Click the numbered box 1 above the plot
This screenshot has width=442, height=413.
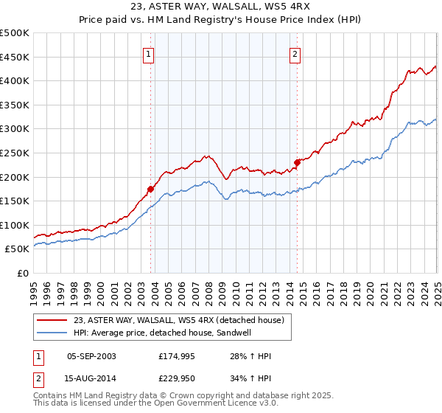coord(149,54)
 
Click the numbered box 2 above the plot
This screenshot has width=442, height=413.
coord(295,54)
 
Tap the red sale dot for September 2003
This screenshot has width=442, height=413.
coord(150,189)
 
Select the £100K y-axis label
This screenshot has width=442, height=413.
coord(15,225)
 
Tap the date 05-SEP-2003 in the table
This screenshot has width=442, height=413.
coord(91,356)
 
